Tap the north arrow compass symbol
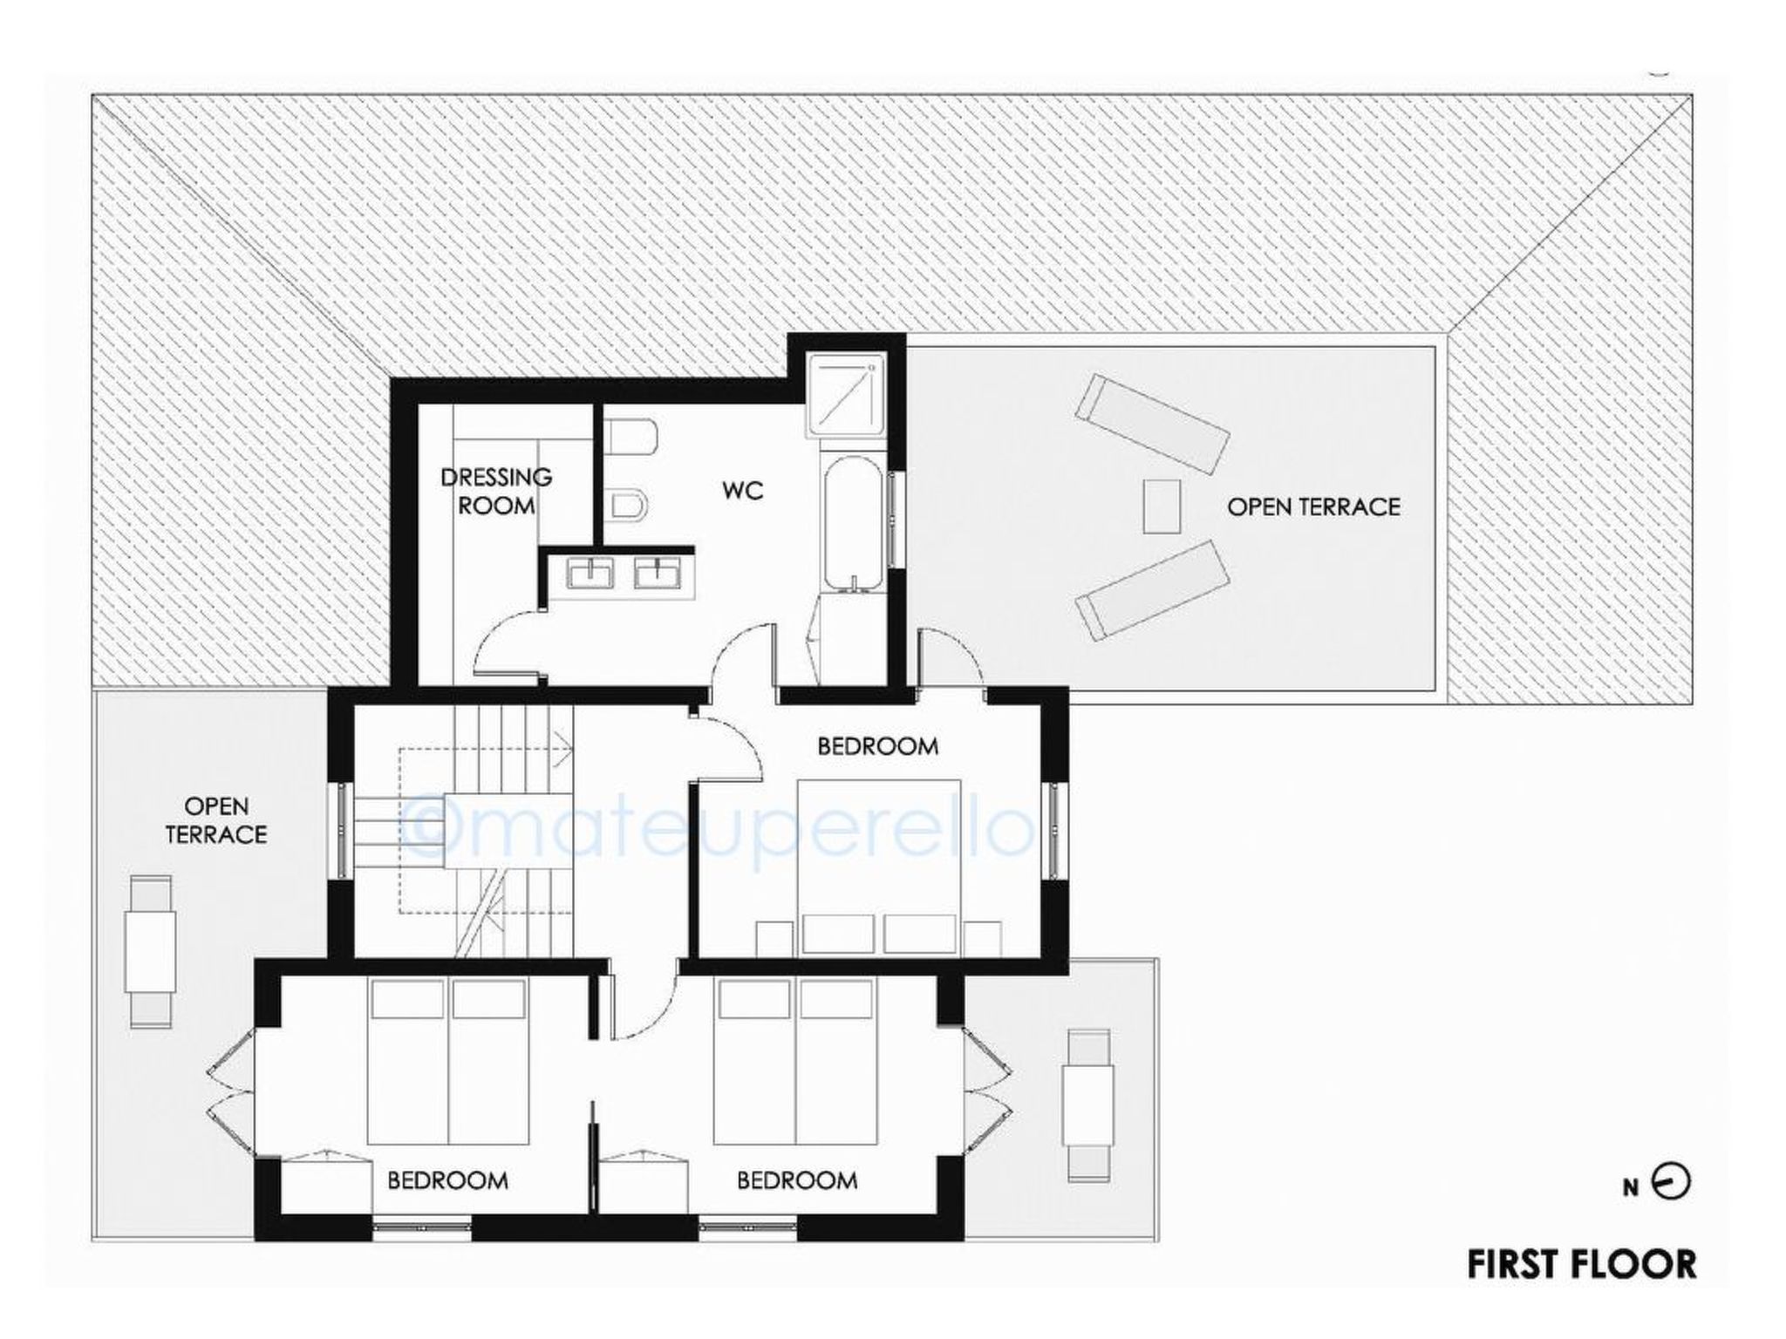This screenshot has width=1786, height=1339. pos(1671,1183)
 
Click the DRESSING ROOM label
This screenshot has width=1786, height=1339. pos(495,491)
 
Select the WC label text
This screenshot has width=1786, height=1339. pos(742,491)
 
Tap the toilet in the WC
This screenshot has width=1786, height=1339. pos(629,436)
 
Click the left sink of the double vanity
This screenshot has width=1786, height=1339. pos(590,574)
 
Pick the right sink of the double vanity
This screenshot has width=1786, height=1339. pos(658,574)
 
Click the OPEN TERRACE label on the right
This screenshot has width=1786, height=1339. pos(1313,506)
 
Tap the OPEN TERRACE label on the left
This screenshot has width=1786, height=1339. pos(216,820)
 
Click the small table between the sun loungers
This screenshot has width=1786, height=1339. pos(1162,506)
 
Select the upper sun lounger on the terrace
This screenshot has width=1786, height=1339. pos(1152,423)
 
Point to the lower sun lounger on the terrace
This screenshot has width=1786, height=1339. pos(1152,589)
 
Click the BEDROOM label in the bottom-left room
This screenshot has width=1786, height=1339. pos(447,1180)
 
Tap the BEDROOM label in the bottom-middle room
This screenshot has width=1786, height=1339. pos(797,1180)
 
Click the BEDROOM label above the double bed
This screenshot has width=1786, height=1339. pos(877,746)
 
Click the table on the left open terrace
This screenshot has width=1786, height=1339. pos(150,951)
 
